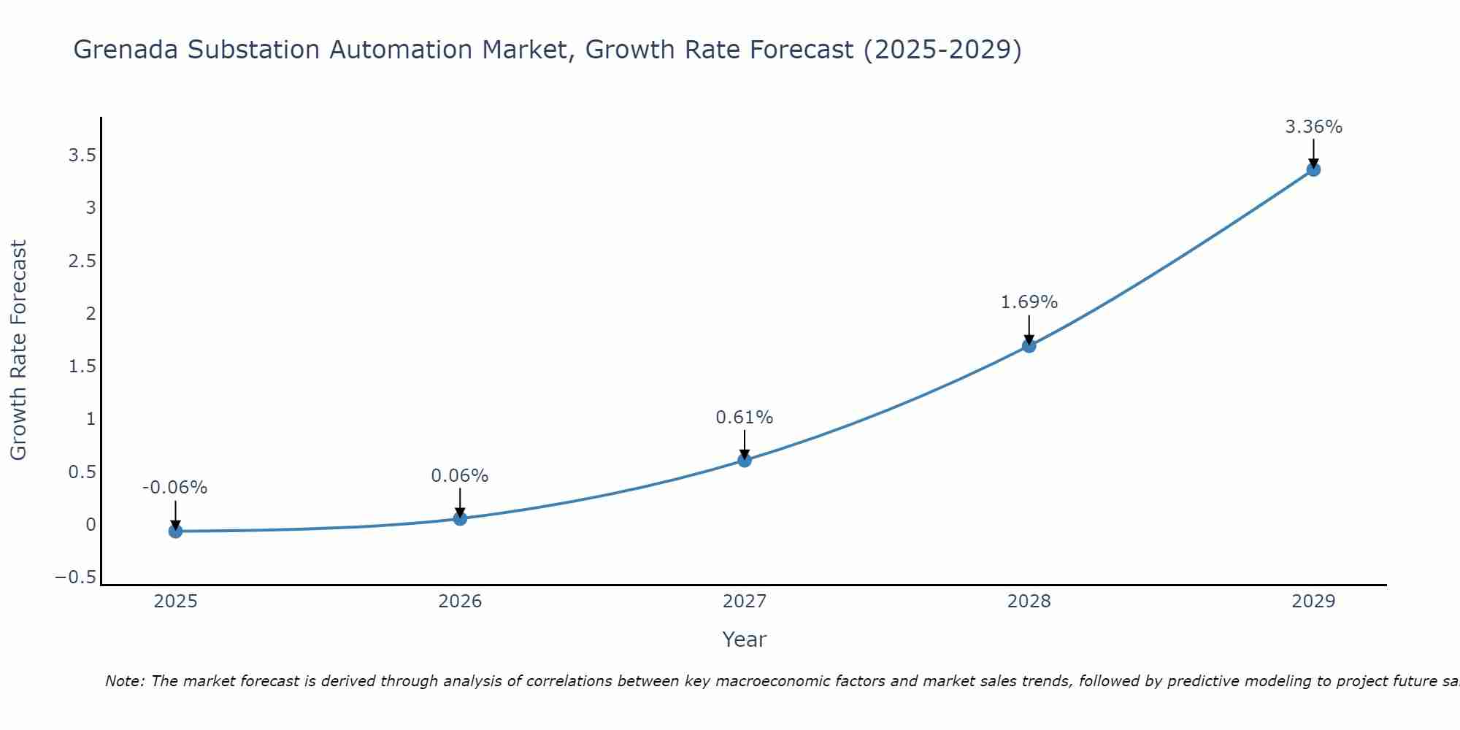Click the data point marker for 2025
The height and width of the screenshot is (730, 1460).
175,531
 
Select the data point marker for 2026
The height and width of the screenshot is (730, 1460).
460,518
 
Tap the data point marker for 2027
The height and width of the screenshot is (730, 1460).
745,460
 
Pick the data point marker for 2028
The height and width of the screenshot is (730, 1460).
1029,346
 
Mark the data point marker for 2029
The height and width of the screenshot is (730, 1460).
1313,169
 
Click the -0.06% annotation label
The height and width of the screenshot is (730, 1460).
174,488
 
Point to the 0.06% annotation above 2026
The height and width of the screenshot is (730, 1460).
459,476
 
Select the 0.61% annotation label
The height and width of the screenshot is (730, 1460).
744,418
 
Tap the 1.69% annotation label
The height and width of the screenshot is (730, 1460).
1029,302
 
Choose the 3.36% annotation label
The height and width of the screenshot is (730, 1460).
1313,127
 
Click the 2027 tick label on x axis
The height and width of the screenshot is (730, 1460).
745,602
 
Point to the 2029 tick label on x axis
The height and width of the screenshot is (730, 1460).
1313,602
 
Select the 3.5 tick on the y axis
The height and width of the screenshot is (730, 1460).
82,155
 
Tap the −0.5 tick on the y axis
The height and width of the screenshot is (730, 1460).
75,577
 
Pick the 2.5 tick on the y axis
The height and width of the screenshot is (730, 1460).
82,261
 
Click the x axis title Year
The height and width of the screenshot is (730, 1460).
744,639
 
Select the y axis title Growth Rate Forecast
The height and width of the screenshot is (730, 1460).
18,350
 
